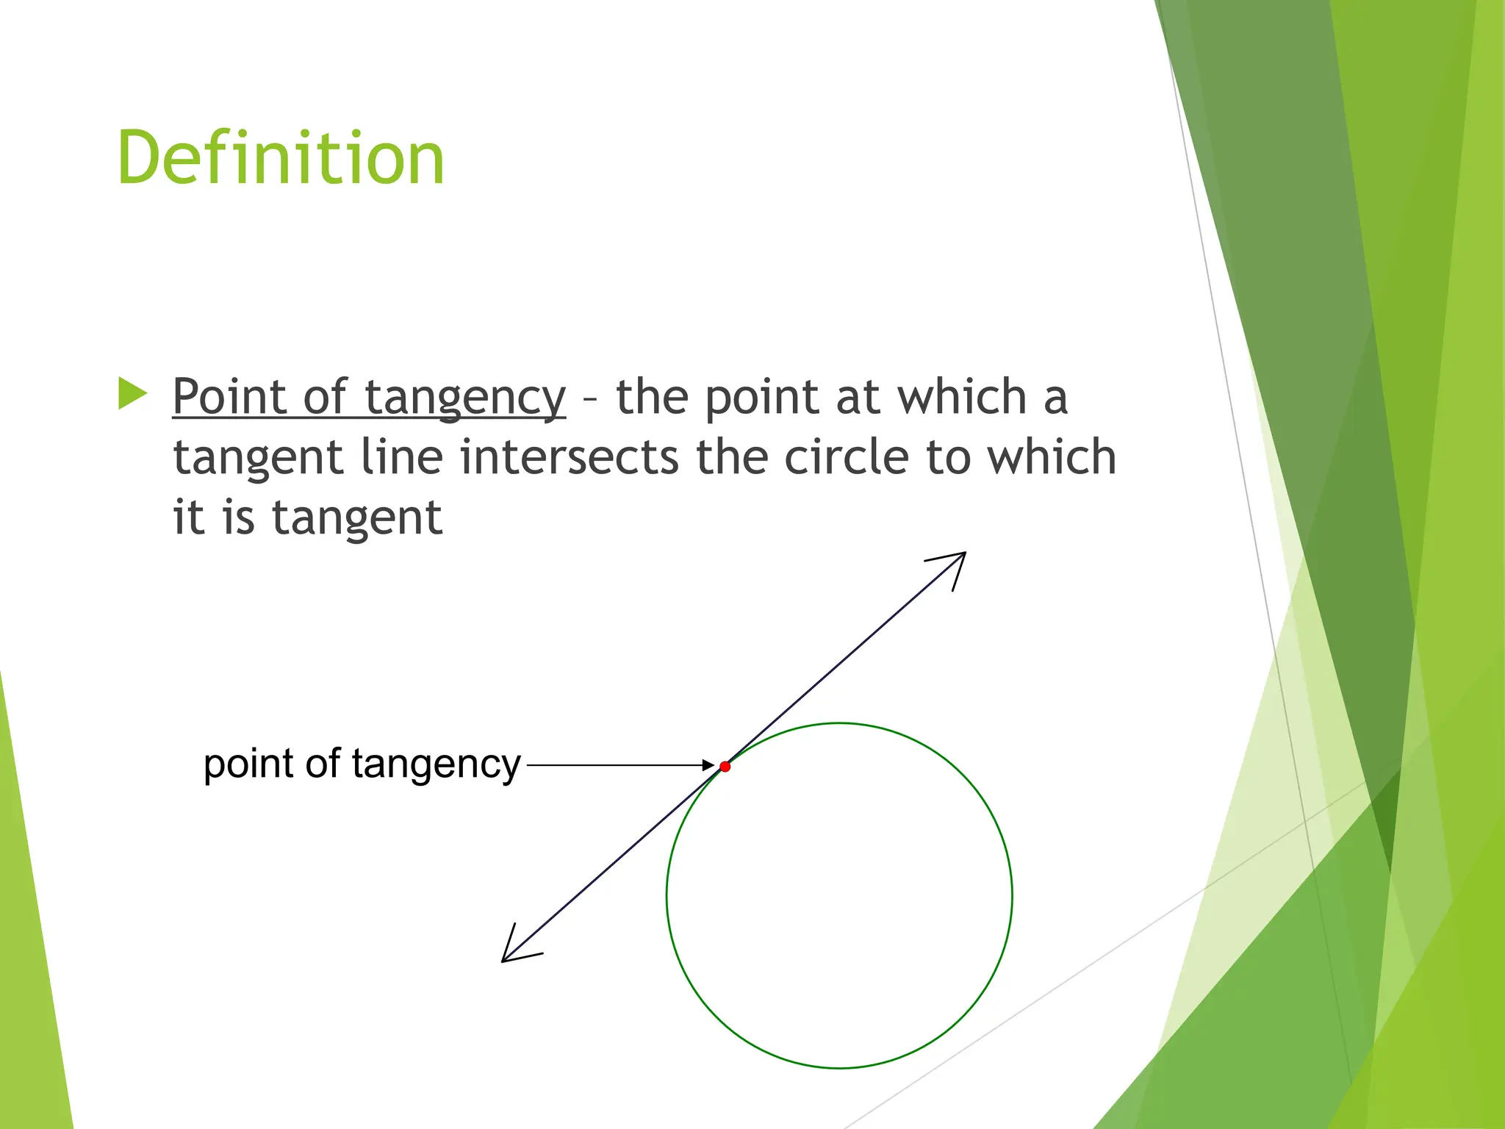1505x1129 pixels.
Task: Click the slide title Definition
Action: [281, 157]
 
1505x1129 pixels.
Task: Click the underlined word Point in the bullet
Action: [229, 398]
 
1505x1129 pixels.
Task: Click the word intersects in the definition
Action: [569, 457]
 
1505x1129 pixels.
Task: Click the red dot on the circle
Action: [725, 767]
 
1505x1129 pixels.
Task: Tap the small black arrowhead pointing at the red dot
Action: [708, 765]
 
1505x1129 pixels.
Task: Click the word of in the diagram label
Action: [323, 764]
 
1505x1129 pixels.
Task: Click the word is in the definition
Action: [238, 517]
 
